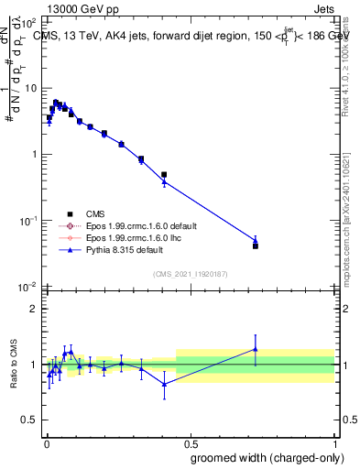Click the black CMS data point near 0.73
click(x=256, y=245)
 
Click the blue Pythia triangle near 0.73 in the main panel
click(x=256, y=240)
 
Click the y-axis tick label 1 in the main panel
click(x=34, y=155)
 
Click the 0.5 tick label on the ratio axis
click(x=29, y=420)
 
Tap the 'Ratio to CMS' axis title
click(x=13, y=365)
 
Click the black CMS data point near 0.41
click(x=164, y=174)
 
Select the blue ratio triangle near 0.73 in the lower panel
click(x=256, y=348)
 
